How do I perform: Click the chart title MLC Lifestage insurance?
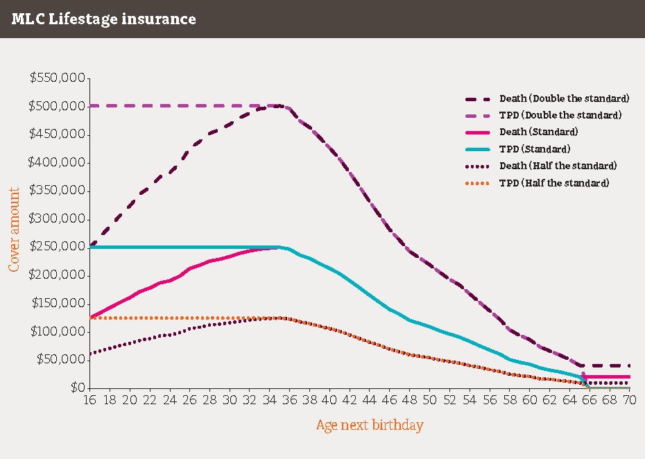click(x=103, y=19)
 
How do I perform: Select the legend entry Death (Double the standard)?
click(x=564, y=98)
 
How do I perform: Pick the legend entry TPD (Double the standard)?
click(x=560, y=115)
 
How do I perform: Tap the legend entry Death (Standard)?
click(x=538, y=132)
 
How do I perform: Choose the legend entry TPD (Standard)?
click(x=534, y=149)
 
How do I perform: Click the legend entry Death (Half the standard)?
click(x=558, y=166)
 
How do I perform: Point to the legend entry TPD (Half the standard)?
click(x=553, y=183)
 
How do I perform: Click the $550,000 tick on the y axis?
click(x=58, y=78)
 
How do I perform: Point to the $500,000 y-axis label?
click(x=58, y=106)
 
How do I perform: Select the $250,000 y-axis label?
click(x=58, y=247)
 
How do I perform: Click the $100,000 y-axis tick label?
click(x=58, y=331)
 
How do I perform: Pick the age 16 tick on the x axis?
click(x=89, y=401)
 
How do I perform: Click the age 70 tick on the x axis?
click(x=628, y=401)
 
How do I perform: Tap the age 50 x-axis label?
click(x=429, y=401)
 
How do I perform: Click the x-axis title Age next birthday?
click(x=369, y=425)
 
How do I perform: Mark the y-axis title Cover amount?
click(x=14, y=228)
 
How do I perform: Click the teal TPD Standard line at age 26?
click(x=189, y=247)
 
